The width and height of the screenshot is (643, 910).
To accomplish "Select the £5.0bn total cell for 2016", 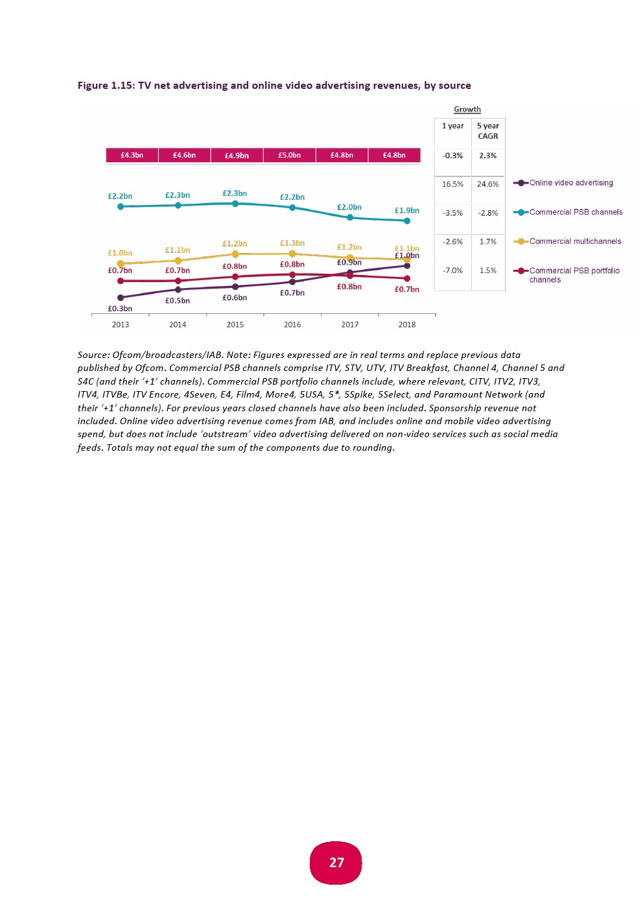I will point(289,156).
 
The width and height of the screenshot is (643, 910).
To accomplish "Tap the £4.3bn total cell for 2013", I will point(132,156).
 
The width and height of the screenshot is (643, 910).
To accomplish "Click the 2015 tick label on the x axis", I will point(235,325).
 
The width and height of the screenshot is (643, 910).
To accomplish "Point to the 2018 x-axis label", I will point(407,325).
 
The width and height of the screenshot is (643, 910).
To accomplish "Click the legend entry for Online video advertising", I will point(570,183).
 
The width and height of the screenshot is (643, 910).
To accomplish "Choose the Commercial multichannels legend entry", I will point(575,241).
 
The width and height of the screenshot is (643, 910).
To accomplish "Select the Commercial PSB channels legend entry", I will point(576,212).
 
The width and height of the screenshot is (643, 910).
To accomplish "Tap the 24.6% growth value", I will point(488,184).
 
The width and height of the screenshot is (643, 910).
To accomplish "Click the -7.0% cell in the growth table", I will point(452,270).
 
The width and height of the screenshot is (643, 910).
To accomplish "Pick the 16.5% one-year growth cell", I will point(452,184).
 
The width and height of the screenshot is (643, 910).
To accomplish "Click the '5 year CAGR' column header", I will point(488,131).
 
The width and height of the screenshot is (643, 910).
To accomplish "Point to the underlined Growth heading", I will point(467,110).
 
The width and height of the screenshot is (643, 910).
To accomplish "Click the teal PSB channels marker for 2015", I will point(235,204).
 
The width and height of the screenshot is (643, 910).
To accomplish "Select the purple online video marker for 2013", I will point(121,298).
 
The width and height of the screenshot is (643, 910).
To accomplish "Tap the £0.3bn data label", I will point(120,309).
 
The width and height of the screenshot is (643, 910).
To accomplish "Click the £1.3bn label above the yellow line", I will point(292,243).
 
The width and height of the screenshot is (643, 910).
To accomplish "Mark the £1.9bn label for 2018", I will point(407,211).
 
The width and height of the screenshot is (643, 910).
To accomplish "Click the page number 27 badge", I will point(336,863).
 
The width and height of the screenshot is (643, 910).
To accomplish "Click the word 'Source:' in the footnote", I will point(93,355).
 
